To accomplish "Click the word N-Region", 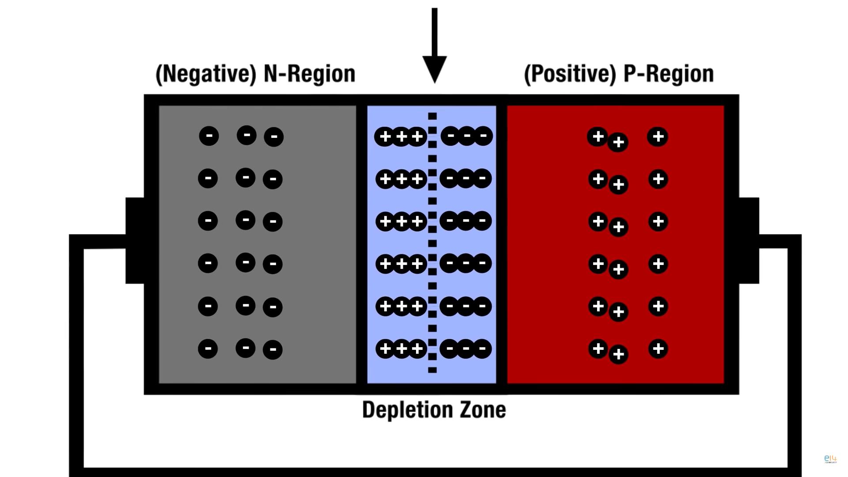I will [309, 74].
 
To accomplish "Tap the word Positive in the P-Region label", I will [570, 74].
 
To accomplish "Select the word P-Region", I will [668, 74].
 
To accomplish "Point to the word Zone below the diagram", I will [483, 409].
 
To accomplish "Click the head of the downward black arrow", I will [435, 68].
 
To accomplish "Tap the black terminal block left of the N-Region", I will [135, 240].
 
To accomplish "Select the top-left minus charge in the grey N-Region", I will [209, 136].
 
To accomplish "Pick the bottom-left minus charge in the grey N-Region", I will [208, 349].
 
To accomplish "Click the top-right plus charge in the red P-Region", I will [658, 136].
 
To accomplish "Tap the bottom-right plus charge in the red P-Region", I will [658, 349].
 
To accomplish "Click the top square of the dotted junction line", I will [432, 116].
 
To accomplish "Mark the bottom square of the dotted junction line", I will [432, 370].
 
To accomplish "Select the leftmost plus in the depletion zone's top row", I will [385, 136].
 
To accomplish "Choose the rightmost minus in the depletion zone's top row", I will [484, 136].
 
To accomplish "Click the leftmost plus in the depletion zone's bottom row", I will [385, 349].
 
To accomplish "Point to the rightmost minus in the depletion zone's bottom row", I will [482, 349].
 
